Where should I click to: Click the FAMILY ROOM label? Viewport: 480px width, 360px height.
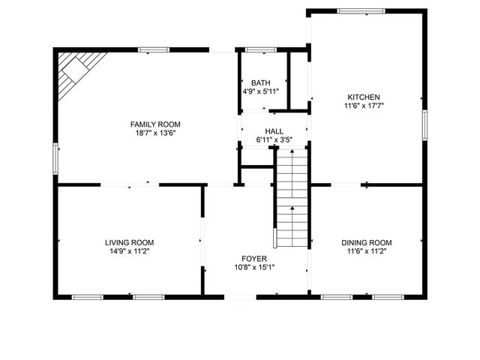[x=155, y=124]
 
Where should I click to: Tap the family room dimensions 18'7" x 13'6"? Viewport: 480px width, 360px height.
[x=155, y=133]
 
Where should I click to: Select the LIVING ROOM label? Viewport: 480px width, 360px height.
[x=129, y=242]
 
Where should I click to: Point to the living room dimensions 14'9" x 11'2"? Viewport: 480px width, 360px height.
[x=129, y=251]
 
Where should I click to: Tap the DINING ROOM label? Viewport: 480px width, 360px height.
[x=366, y=242]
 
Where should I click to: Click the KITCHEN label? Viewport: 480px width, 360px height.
[x=364, y=97]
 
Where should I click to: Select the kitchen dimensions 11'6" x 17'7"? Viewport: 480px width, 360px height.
[x=364, y=106]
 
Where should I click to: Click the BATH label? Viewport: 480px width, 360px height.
[x=260, y=82]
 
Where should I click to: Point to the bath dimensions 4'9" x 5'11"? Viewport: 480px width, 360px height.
[x=260, y=91]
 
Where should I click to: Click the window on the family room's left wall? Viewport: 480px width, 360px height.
[x=55, y=159]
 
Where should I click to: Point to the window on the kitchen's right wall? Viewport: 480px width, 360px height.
[x=424, y=124]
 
